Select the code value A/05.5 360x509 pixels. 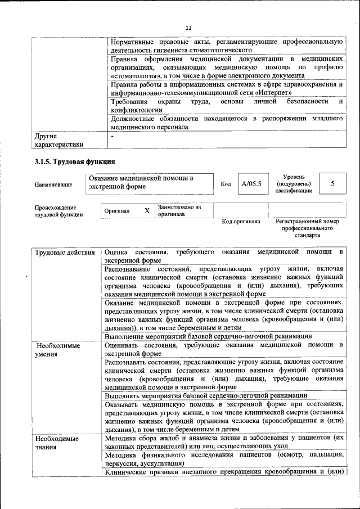(x=251, y=184)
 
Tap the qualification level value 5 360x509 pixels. (x=332, y=184)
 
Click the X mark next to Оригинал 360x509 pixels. (x=147, y=211)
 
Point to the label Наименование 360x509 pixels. (x=53, y=184)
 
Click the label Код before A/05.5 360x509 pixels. (x=226, y=184)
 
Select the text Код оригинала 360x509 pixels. (x=241, y=222)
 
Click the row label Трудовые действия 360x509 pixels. (x=65, y=253)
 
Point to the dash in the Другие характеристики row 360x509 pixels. (x=112, y=136)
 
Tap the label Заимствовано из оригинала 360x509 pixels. (x=179, y=211)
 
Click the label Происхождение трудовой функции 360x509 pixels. (x=59, y=211)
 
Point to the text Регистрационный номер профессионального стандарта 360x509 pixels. (x=308, y=228)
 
